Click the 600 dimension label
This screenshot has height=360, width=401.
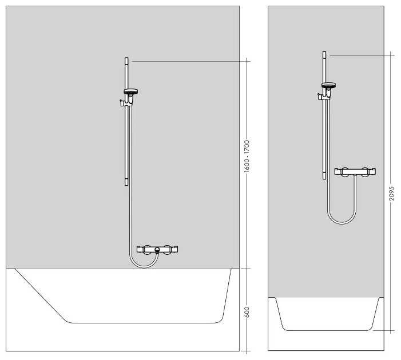click(x=247, y=311)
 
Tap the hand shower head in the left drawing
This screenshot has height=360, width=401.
click(x=132, y=91)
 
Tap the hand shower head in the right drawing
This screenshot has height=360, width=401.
click(x=329, y=86)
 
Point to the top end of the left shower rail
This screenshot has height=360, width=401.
click(x=126, y=59)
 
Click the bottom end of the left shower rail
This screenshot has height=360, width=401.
click(x=126, y=183)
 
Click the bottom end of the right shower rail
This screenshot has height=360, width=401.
click(x=324, y=177)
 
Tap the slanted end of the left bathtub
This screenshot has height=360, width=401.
click(x=40, y=294)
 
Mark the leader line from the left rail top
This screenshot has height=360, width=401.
click(x=189, y=60)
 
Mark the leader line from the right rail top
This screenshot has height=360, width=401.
click(x=360, y=54)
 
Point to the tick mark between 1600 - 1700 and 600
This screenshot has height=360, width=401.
click(x=247, y=267)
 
